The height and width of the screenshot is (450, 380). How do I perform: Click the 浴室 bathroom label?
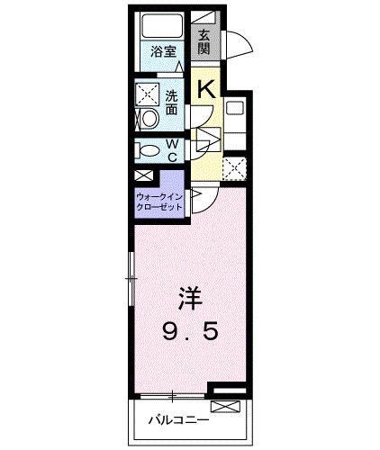point(164,52)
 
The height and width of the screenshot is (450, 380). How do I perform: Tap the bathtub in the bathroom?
point(160,25)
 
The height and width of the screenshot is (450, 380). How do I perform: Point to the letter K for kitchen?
point(205,88)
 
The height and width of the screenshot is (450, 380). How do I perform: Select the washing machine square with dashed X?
point(146,94)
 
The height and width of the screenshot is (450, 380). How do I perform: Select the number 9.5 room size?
point(189,332)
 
